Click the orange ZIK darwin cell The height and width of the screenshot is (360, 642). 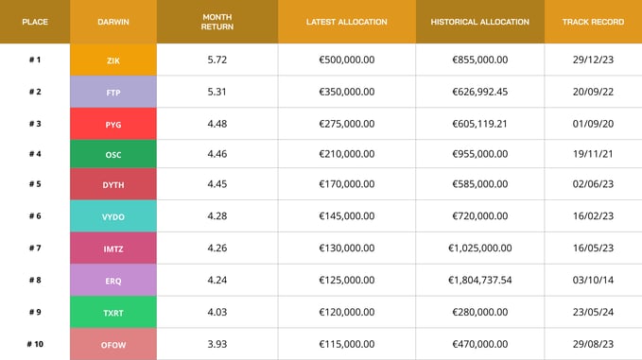[113, 60]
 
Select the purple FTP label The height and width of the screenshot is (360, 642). [113, 92]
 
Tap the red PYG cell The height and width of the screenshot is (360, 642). [113, 124]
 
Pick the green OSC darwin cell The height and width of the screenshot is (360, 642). [113, 154]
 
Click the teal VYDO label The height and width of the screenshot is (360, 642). [113, 216]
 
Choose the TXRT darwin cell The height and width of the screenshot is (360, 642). [113, 311]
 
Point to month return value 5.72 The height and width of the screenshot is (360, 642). [217, 60]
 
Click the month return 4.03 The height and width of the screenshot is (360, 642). [217, 311]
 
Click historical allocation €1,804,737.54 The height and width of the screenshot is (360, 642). [479, 280]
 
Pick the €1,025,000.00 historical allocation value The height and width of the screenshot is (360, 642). [479, 249]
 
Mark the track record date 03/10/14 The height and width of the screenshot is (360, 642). [593, 280]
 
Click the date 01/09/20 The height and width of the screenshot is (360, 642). [593, 124]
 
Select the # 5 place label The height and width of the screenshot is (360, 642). [35, 184]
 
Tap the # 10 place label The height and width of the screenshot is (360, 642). [35, 343]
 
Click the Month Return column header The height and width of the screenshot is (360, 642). [217, 22]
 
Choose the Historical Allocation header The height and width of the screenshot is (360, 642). [479, 22]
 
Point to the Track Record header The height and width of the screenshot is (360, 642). [593, 22]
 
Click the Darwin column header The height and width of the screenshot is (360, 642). [113, 22]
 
